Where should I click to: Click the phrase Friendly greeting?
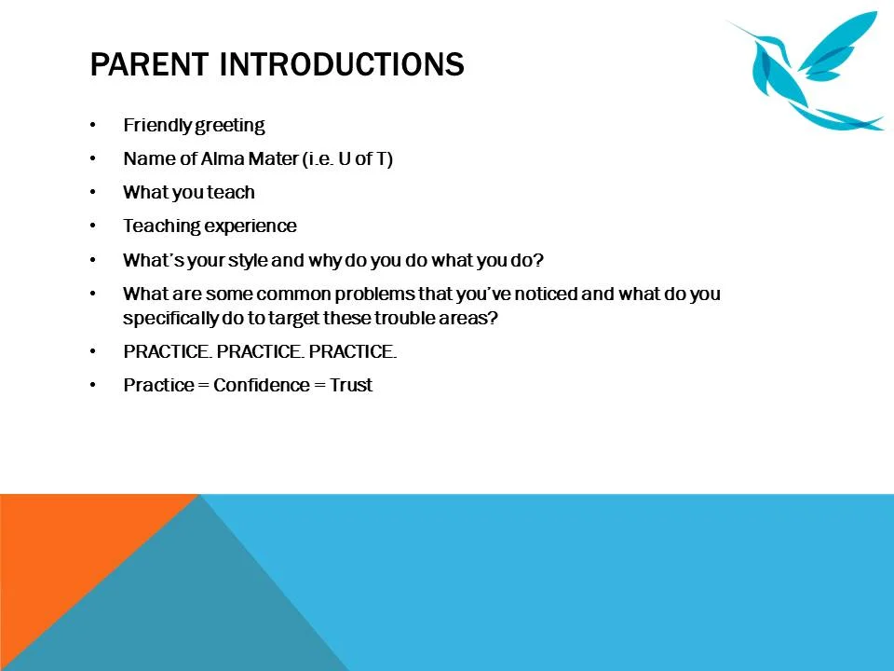click(x=194, y=126)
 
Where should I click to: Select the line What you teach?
click(x=188, y=193)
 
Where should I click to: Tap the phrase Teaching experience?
click(x=210, y=226)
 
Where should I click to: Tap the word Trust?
click(x=351, y=385)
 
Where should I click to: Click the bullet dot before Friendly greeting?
click(x=93, y=126)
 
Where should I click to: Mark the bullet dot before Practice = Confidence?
click(x=93, y=385)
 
